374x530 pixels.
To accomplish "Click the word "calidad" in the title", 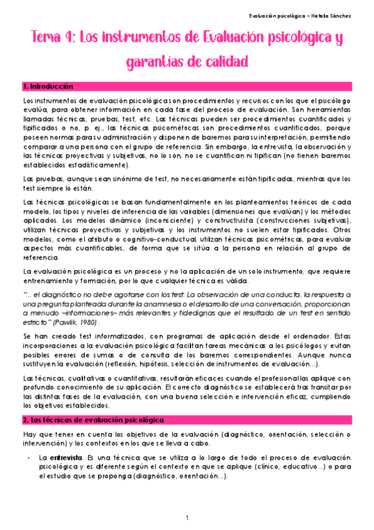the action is point(224,63).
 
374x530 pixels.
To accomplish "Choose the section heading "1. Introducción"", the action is point(47,86).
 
